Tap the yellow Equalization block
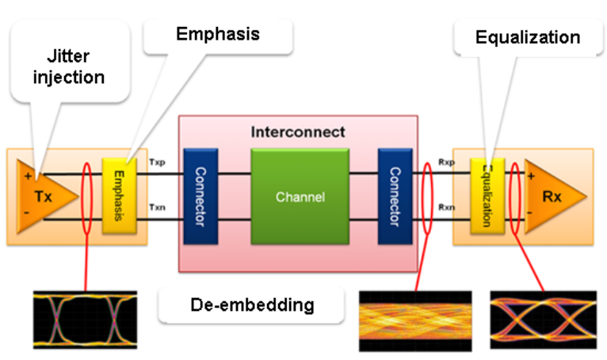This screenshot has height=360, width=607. pyautogui.click(x=485, y=195)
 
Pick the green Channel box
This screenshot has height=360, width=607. pyautogui.click(x=300, y=194)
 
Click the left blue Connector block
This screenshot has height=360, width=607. pyautogui.click(x=199, y=195)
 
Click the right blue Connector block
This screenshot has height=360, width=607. pyautogui.click(x=395, y=195)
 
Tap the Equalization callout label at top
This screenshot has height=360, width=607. pyautogui.click(x=527, y=37)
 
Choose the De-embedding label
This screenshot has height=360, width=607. pyautogui.click(x=252, y=304)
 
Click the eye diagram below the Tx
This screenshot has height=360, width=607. pyautogui.click(x=85, y=320)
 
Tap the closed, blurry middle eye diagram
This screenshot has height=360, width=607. pyautogui.click(x=417, y=320)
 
